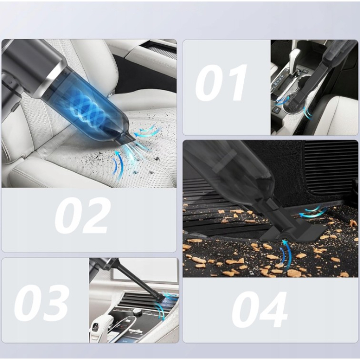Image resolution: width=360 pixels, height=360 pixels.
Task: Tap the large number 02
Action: click(x=82, y=217)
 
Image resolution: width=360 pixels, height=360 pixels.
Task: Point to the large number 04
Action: click(x=259, y=310)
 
